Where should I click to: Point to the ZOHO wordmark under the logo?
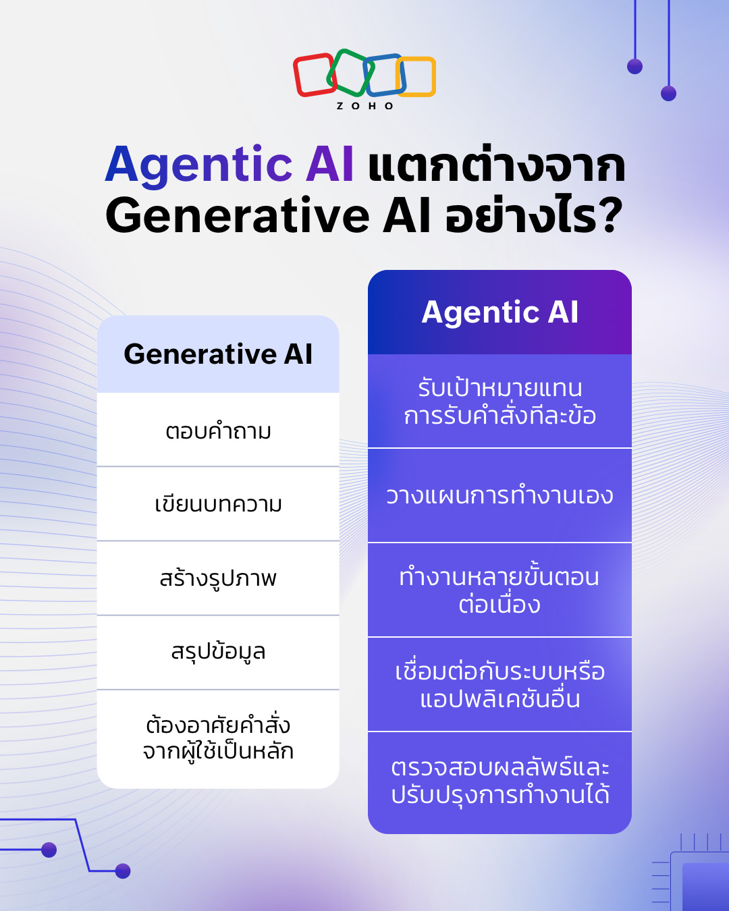coord(364,106)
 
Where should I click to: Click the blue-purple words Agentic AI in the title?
coord(230,165)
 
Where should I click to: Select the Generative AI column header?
coord(218,354)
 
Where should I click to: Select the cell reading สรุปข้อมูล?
coord(218,652)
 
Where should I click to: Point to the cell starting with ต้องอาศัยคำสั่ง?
coord(218,739)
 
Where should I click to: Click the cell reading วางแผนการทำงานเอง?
coord(500,496)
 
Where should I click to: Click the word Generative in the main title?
coord(238,216)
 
